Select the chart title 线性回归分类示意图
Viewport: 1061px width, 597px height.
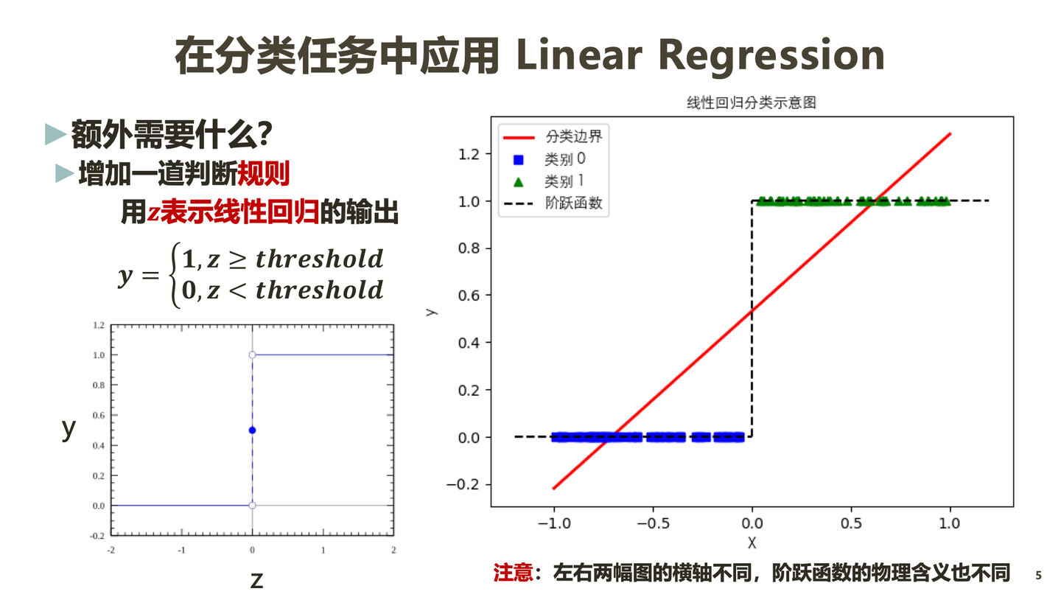(x=752, y=102)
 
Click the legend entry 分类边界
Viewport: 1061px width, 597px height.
(x=573, y=136)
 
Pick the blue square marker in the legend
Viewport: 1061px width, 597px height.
(x=518, y=159)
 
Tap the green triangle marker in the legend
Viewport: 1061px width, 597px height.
(x=518, y=181)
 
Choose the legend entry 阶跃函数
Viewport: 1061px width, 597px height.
(x=573, y=203)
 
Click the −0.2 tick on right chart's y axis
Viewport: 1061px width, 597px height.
(x=465, y=484)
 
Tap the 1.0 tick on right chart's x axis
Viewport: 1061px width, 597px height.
(x=950, y=523)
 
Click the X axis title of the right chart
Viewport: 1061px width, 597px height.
(x=752, y=543)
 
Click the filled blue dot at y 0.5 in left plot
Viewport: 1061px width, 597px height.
(x=252, y=430)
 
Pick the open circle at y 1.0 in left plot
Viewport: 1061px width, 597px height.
(x=252, y=355)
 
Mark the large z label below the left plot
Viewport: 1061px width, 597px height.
(x=256, y=580)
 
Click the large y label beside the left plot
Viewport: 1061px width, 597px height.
(x=69, y=428)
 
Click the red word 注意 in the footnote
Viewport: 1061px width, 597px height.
(x=513, y=573)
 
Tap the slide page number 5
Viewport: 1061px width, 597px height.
(x=1039, y=576)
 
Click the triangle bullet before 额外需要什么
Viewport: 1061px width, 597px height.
(x=55, y=133)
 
